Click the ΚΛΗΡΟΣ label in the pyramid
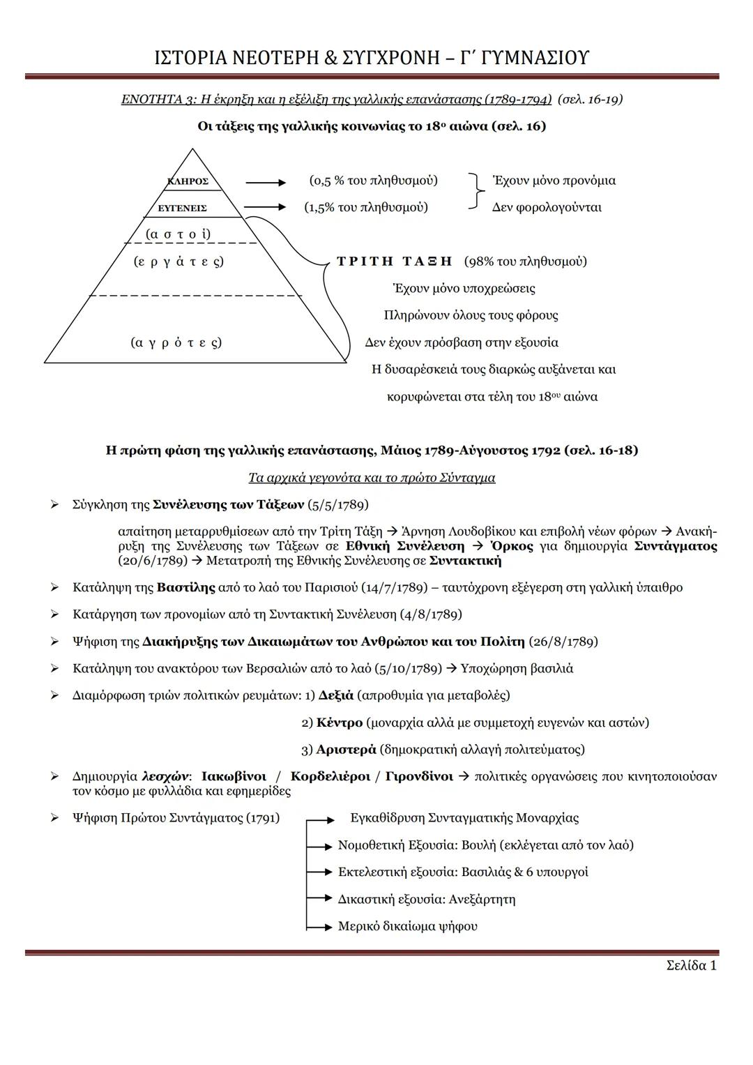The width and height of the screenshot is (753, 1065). click(188, 181)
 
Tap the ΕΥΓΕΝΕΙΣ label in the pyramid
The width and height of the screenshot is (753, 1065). click(182, 208)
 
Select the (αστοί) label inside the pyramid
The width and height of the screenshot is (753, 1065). click(178, 234)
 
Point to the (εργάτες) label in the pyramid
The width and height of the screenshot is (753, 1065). click(178, 262)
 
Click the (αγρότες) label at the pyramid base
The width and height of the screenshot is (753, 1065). click(176, 342)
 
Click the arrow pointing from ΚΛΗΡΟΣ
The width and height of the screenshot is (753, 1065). click(265, 183)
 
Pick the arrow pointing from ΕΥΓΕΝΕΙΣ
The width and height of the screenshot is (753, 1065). click(265, 207)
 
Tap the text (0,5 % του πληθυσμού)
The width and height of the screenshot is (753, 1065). click(373, 181)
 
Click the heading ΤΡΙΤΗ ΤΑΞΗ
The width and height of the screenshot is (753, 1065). click(394, 262)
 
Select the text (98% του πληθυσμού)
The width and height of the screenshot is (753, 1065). click(525, 262)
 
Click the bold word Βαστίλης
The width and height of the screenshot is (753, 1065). click(185, 587)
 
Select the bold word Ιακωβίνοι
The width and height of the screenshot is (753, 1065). click(234, 776)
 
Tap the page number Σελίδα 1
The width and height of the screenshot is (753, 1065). click(691, 965)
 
